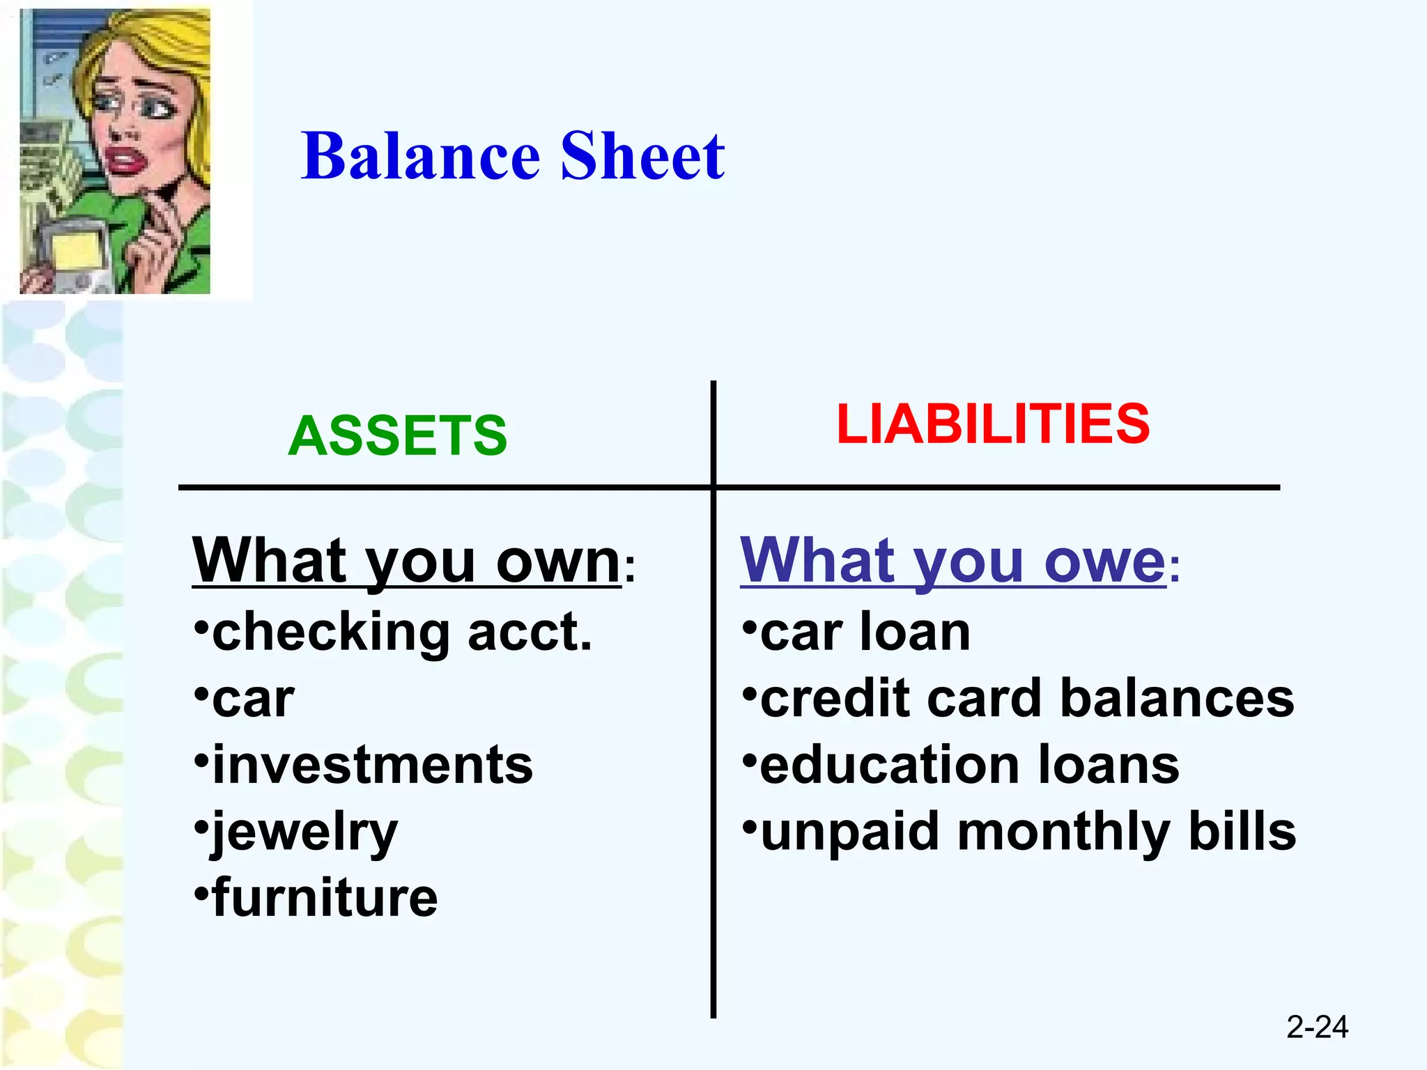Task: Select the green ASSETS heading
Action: (x=397, y=436)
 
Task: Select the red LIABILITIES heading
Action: (x=992, y=424)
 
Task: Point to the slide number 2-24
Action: (x=1316, y=1027)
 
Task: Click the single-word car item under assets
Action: (x=252, y=699)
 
